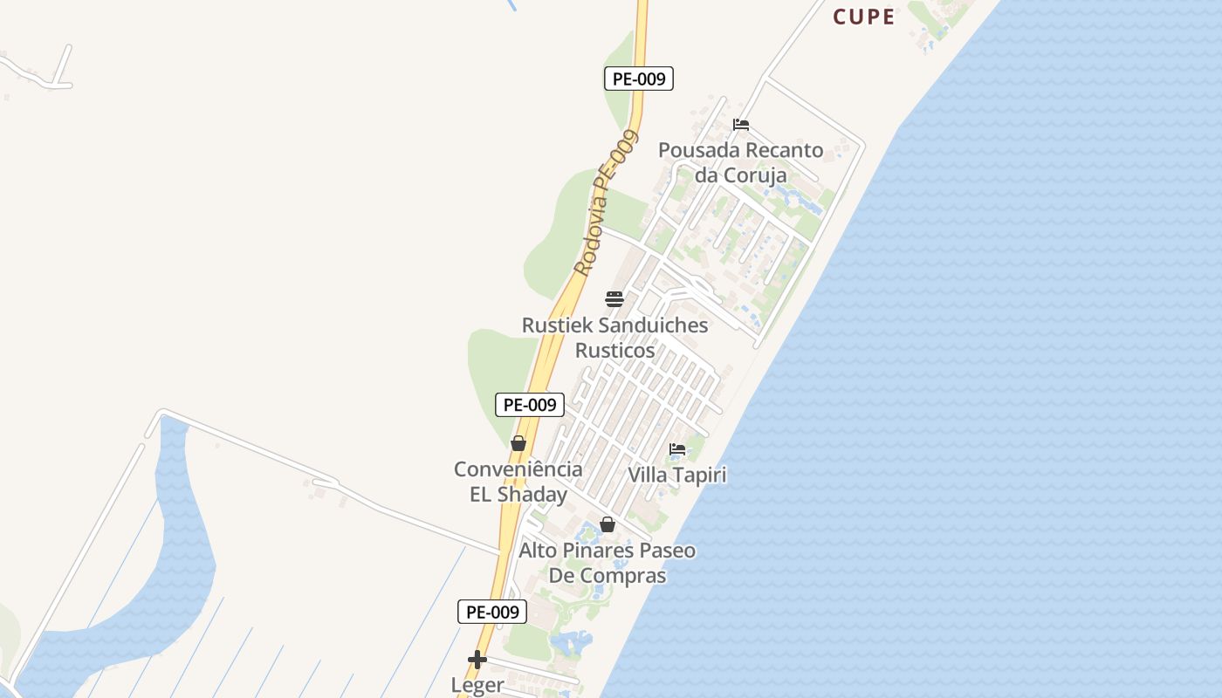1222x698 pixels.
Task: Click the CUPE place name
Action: click(863, 17)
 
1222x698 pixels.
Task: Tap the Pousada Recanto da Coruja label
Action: click(740, 162)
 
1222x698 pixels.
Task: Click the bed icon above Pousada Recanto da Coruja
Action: click(741, 125)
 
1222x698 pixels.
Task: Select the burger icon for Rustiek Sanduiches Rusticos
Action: click(614, 299)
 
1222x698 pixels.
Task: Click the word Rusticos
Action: click(614, 351)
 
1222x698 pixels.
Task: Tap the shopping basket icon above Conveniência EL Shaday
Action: click(518, 443)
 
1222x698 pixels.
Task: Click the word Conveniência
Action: click(518, 469)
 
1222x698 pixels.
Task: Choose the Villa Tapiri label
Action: click(677, 476)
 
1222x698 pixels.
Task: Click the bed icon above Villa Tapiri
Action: click(677, 450)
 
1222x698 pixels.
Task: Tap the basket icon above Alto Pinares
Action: click(608, 524)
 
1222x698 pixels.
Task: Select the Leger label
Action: click(477, 685)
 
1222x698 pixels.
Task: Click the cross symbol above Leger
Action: click(477, 660)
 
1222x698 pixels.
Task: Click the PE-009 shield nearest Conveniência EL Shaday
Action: click(530, 405)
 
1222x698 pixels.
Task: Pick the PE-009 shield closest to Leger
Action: click(492, 612)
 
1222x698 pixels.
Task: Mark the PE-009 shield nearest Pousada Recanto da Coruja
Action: click(639, 79)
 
